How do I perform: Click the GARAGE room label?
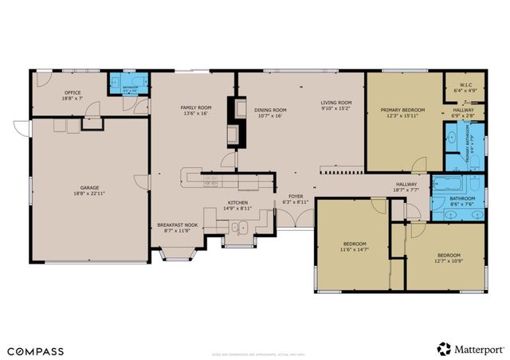pos(88,187)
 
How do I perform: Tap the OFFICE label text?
pos(73,92)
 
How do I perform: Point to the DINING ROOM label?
pos(271,110)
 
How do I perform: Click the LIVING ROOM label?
pos(336,103)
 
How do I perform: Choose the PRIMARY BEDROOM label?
pos(402,109)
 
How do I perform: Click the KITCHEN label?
pos(238,202)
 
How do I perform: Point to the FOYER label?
pos(295,197)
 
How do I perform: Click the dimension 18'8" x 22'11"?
pos(88,193)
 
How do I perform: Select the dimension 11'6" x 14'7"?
pos(355,248)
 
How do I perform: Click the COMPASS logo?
pos(37,350)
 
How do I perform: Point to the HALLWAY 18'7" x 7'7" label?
pos(406,186)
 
